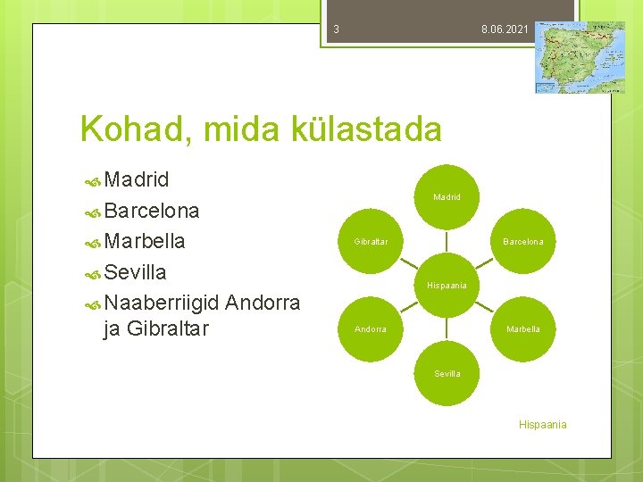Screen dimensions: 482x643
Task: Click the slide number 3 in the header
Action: (336, 29)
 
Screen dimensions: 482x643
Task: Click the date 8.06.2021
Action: (505, 29)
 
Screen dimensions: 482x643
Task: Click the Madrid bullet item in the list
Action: (136, 180)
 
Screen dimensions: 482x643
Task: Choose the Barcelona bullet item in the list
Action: (151, 211)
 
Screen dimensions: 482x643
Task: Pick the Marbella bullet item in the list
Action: (144, 241)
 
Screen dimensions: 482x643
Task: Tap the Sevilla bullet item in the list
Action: (135, 271)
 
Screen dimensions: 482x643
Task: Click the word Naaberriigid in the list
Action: (162, 302)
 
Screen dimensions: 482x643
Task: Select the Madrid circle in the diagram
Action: (447, 196)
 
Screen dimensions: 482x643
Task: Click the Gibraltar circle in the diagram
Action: (371, 241)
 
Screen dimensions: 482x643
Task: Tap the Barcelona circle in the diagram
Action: (522, 241)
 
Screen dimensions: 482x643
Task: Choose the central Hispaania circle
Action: (447, 285)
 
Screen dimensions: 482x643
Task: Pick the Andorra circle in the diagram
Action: (371, 328)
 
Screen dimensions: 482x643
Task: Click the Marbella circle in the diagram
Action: (522, 328)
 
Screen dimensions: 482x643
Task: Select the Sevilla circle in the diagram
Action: (447, 373)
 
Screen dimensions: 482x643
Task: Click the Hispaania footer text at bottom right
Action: (542, 425)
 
